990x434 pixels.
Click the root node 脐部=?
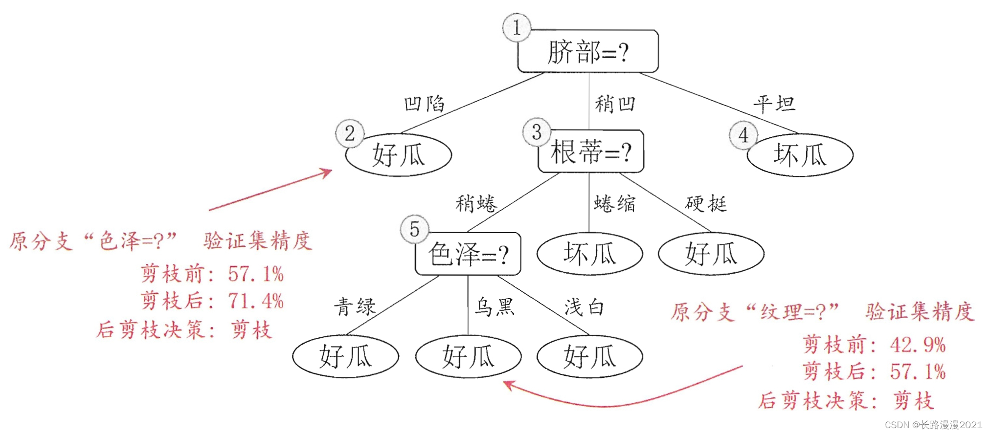(588, 52)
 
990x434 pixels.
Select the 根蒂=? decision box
(591, 152)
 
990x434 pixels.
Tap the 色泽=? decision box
(468, 254)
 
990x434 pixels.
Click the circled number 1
(517, 27)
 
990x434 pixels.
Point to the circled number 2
(349, 133)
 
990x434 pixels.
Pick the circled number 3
(537, 132)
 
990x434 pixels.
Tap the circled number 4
(743, 135)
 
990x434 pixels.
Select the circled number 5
(414, 229)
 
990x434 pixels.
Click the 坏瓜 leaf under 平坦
(800, 155)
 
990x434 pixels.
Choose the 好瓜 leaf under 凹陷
(398, 155)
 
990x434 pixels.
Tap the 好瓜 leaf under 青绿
(345, 356)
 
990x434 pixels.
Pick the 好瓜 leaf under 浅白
(590, 356)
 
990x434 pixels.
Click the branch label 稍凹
(615, 104)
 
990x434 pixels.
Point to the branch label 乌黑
(495, 307)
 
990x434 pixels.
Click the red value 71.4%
(256, 301)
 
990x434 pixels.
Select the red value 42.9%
(918, 345)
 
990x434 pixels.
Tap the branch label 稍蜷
(475, 203)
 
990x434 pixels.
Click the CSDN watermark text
(933, 425)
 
